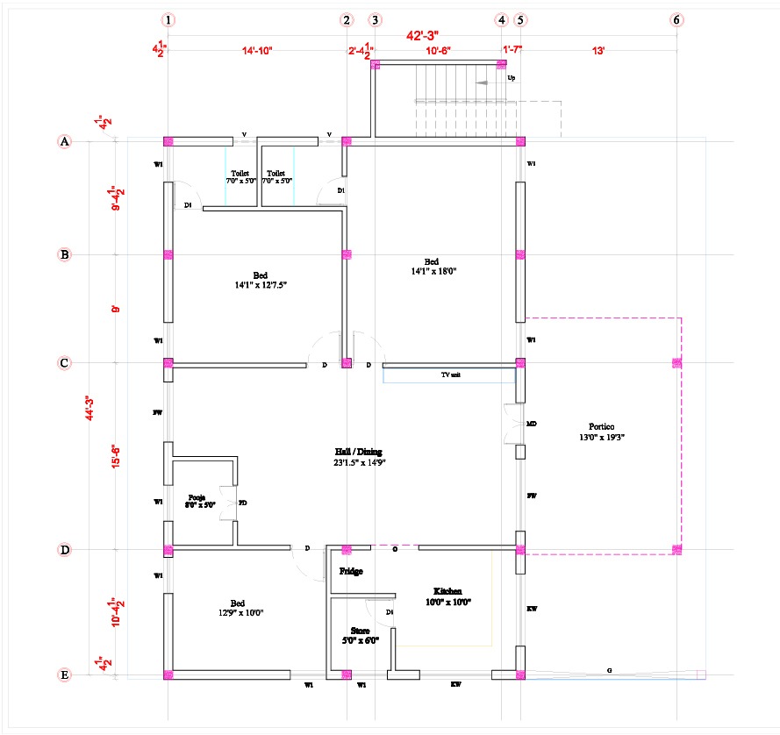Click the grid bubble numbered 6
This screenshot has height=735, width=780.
(676, 19)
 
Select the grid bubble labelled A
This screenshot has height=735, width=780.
(64, 140)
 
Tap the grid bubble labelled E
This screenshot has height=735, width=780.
(64, 674)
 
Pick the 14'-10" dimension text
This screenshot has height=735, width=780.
(257, 52)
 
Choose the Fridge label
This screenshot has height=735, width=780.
(351, 571)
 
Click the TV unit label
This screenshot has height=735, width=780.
(450, 375)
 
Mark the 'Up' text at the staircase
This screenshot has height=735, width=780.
(512, 77)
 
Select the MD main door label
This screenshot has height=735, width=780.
(531, 424)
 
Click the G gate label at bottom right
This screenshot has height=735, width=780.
(609, 670)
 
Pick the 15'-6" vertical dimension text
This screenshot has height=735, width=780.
(114, 457)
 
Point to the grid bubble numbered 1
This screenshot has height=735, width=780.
(168, 19)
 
